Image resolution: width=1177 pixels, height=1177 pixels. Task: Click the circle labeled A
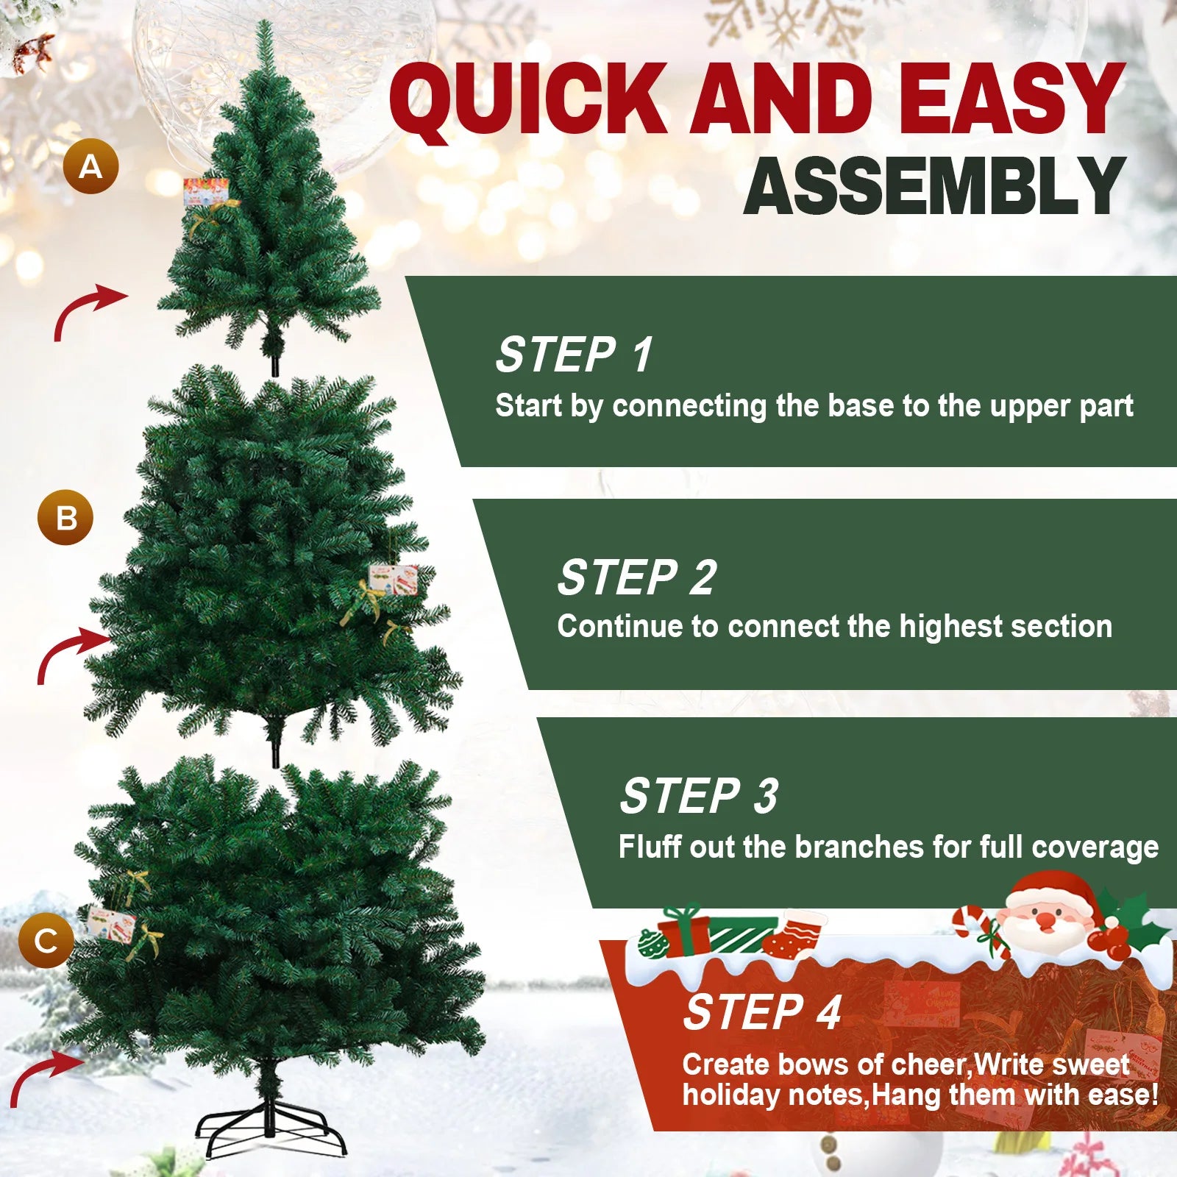(x=90, y=166)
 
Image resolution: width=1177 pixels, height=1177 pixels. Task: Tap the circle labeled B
(x=65, y=517)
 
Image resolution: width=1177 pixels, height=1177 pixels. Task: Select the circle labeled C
(x=46, y=940)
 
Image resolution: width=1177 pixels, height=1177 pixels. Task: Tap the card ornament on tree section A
(x=205, y=193)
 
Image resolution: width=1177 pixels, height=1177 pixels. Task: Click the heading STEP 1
(x=574, y=355)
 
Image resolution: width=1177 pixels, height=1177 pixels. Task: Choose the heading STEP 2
(x=636, y=577)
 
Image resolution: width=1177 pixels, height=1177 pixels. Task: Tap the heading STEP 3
(x=699, y=796)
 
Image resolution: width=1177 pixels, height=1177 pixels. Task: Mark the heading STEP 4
(x=762, y=1013)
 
